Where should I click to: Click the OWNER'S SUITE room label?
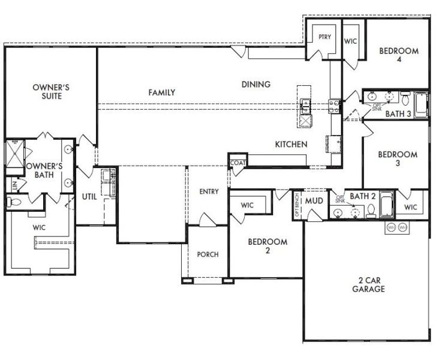click(51, 92)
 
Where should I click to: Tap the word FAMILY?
click(162, 92)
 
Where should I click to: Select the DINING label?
click(256, 85)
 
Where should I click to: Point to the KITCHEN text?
click(291, 145)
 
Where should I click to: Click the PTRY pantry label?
click(324, 37)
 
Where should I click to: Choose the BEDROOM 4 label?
click(399, 55)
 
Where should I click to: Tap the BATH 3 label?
click(398, 113)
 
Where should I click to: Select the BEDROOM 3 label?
click(398, 159)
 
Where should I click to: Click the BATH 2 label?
click(362, 196)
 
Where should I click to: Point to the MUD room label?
click(315, 201)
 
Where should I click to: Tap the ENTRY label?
click(208, 191)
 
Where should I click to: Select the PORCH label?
click(208, 254)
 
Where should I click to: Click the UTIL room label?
click(89, 196)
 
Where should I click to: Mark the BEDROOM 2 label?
click(267, 247)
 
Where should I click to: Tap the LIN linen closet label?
click(13, 187)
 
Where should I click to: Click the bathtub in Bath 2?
click(386, 205)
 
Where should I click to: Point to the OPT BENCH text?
click(297, 205)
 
